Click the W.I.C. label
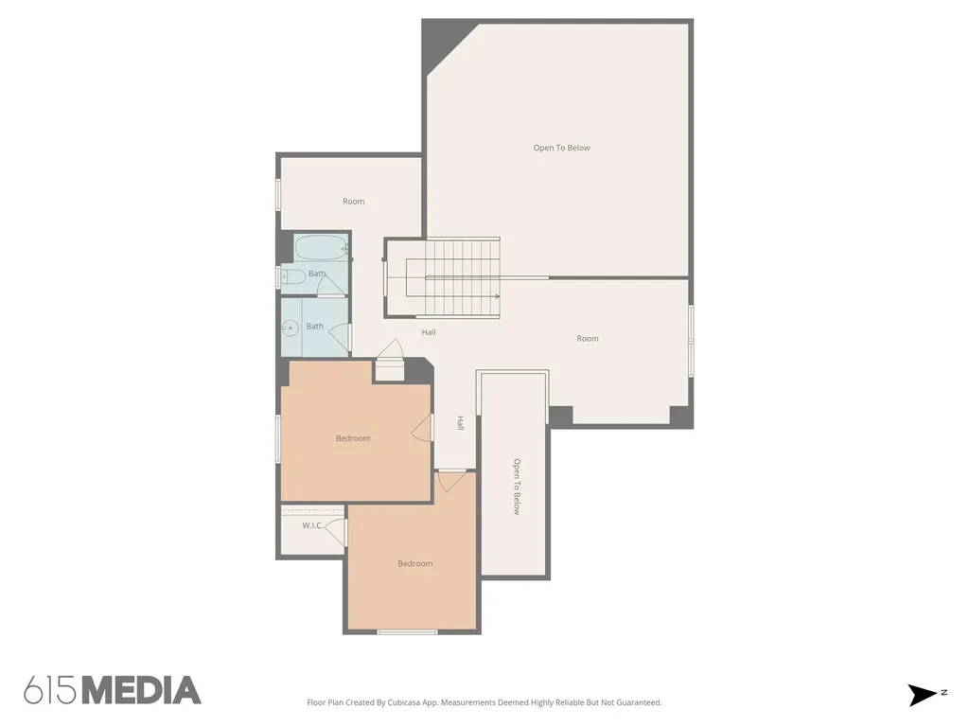312,525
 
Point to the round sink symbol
290,328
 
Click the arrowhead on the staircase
497,296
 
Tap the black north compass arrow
922,695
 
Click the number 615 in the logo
51,690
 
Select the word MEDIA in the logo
142,690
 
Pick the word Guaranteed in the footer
640,702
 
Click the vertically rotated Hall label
461,423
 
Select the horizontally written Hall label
429,332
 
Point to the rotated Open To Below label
517,487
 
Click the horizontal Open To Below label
562,148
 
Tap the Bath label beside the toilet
317,274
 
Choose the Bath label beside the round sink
314,326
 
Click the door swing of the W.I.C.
336,532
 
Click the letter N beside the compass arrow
943,693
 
